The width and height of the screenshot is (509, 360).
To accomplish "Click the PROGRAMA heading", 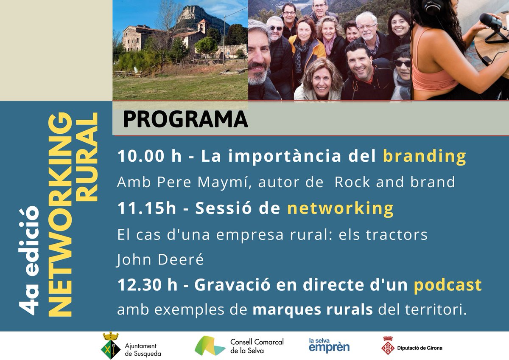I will pos(185,119).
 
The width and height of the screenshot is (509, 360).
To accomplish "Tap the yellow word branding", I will pos(424,156).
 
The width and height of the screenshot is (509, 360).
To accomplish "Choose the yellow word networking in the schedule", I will pos(341,208).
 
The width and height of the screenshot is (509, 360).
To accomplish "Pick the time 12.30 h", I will pos(147,285).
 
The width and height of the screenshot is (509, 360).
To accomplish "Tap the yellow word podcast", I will pos(448,285).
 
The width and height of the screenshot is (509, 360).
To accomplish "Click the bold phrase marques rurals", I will pos(313,310).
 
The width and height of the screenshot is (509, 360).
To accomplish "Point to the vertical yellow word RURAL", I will pos(88,157).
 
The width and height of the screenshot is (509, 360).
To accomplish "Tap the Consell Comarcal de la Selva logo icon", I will pos(210,345).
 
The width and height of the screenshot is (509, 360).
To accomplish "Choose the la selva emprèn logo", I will pos(329,345).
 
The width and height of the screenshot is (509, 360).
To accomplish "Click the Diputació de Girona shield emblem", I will pos(388,346).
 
